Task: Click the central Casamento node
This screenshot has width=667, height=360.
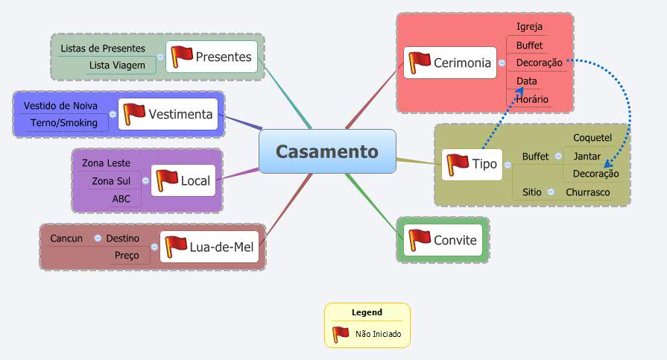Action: coord(327,151)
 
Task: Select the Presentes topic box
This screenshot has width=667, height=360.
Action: coord(212,56)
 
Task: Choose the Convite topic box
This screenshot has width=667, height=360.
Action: coord(442,239)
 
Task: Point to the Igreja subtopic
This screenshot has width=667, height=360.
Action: coord(529,27)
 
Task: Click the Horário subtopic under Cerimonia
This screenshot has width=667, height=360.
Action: coord(532,99)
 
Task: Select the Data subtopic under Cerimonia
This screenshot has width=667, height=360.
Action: coord(526,80)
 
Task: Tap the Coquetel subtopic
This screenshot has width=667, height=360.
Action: coord(592,138)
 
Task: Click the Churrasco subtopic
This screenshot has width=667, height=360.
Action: coord(587,192)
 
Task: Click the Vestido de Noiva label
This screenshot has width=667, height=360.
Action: coord(60,106)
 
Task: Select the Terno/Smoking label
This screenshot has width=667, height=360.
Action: coord(64,123)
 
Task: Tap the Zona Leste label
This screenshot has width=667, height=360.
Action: coord(106,162)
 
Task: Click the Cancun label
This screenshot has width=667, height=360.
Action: coord(66,239)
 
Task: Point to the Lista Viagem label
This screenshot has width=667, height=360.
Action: coord(117,66)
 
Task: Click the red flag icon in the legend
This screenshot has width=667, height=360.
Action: coord(341,334)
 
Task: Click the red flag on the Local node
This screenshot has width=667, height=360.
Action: coord(167,180)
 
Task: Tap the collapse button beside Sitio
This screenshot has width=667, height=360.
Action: coord(551,192)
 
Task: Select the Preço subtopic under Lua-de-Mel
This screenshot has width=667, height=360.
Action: coord(127,256)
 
